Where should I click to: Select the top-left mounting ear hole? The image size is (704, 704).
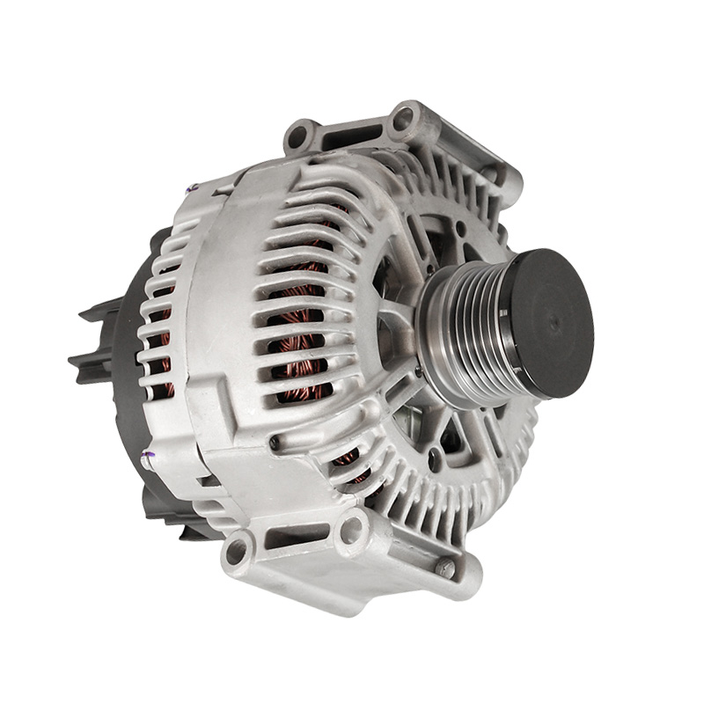click(x=298, y=136)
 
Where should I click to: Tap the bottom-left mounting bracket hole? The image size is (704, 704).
click(x=237, y=552)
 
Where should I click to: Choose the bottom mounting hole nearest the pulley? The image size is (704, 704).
click(x=352, y=528)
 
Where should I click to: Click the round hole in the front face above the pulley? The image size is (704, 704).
click(x=460, y=231)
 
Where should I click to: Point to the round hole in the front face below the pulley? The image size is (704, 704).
click(x=436, y=457)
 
